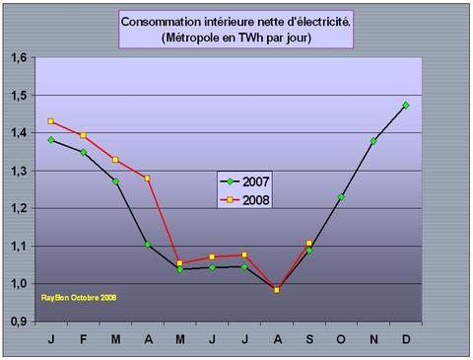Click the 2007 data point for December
[x=406, y=105]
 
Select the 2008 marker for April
[x=147, y=179]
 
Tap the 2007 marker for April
[x=147, y=245]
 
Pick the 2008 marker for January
[x=50, y=121]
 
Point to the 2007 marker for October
[x=341, y=197]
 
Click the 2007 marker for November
[x=373, y=141]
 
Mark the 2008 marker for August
[x=277, y=290]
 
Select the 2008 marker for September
[x=308, y=243]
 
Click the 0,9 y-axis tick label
[x=18, y=322]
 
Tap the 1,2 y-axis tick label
[x=18, y=208]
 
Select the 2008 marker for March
[x=115, y=160]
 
